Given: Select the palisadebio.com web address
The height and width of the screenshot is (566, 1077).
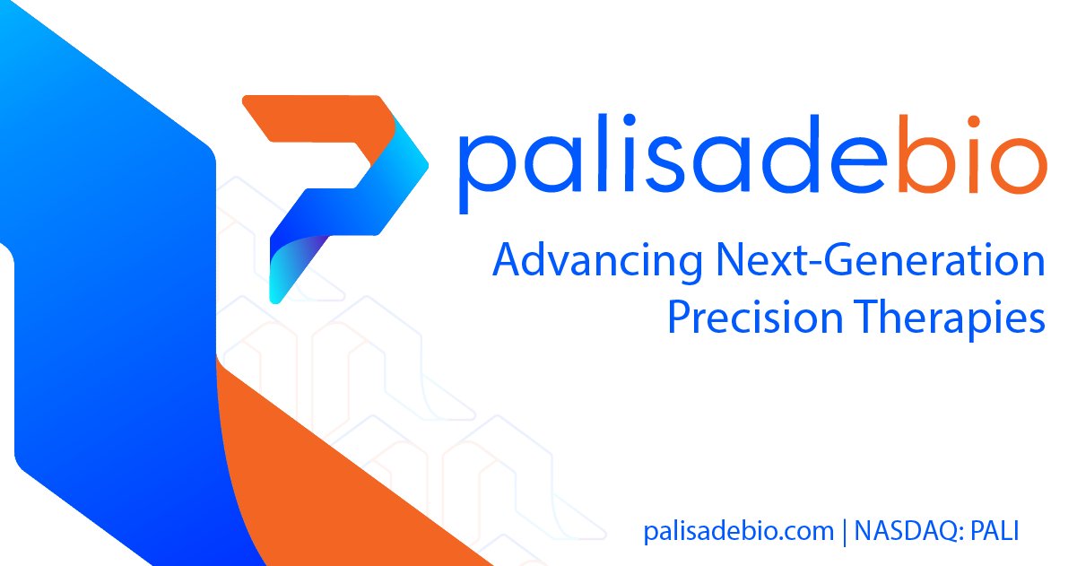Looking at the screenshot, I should pyautogui.click(x=738, y=530).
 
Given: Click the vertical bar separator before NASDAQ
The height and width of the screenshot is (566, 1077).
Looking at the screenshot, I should pyautogui.click(x=844, y=531).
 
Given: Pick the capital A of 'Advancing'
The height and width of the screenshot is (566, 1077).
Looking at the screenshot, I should pyautogui.click(x=507, y=262).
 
